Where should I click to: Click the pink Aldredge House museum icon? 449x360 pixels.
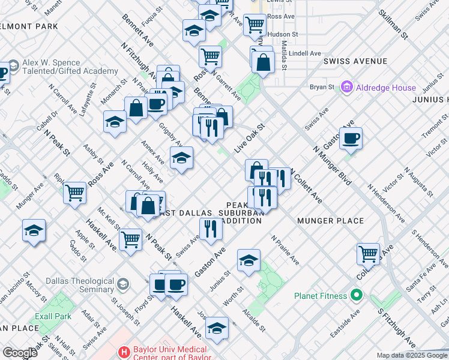coord(346,88)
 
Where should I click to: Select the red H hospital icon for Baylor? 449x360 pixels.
coord(125,352)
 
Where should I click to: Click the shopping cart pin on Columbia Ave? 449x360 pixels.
coord(368,254)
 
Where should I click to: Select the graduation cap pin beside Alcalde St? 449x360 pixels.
coord(249,261)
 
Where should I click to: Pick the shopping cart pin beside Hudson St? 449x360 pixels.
coord(255,25)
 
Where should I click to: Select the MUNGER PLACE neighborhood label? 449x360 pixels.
coord(330,221)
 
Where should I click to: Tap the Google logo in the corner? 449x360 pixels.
coord(20,353)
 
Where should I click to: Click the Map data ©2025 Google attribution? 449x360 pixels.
coord(412,355)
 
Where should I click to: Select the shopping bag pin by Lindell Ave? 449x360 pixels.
coord(263,62)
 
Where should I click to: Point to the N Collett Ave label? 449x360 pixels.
coord(306,185)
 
